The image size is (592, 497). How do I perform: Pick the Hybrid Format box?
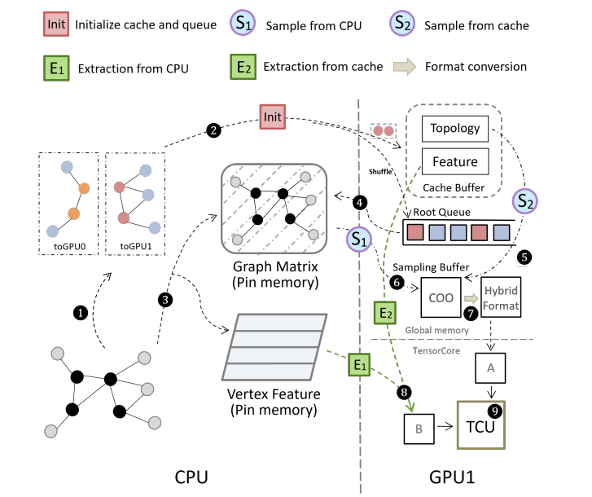coord(500,299)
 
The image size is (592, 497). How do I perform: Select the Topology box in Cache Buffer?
coord(455,128)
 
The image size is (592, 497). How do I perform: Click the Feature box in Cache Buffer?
coord(455,161)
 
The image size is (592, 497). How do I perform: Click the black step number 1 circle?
coord(80,312)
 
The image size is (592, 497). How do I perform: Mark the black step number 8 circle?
coord(401,392)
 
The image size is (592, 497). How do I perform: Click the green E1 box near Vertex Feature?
coord(359,364)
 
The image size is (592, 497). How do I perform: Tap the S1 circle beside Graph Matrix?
coord(358,239)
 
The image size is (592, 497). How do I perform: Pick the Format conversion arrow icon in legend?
coord(404,67)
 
